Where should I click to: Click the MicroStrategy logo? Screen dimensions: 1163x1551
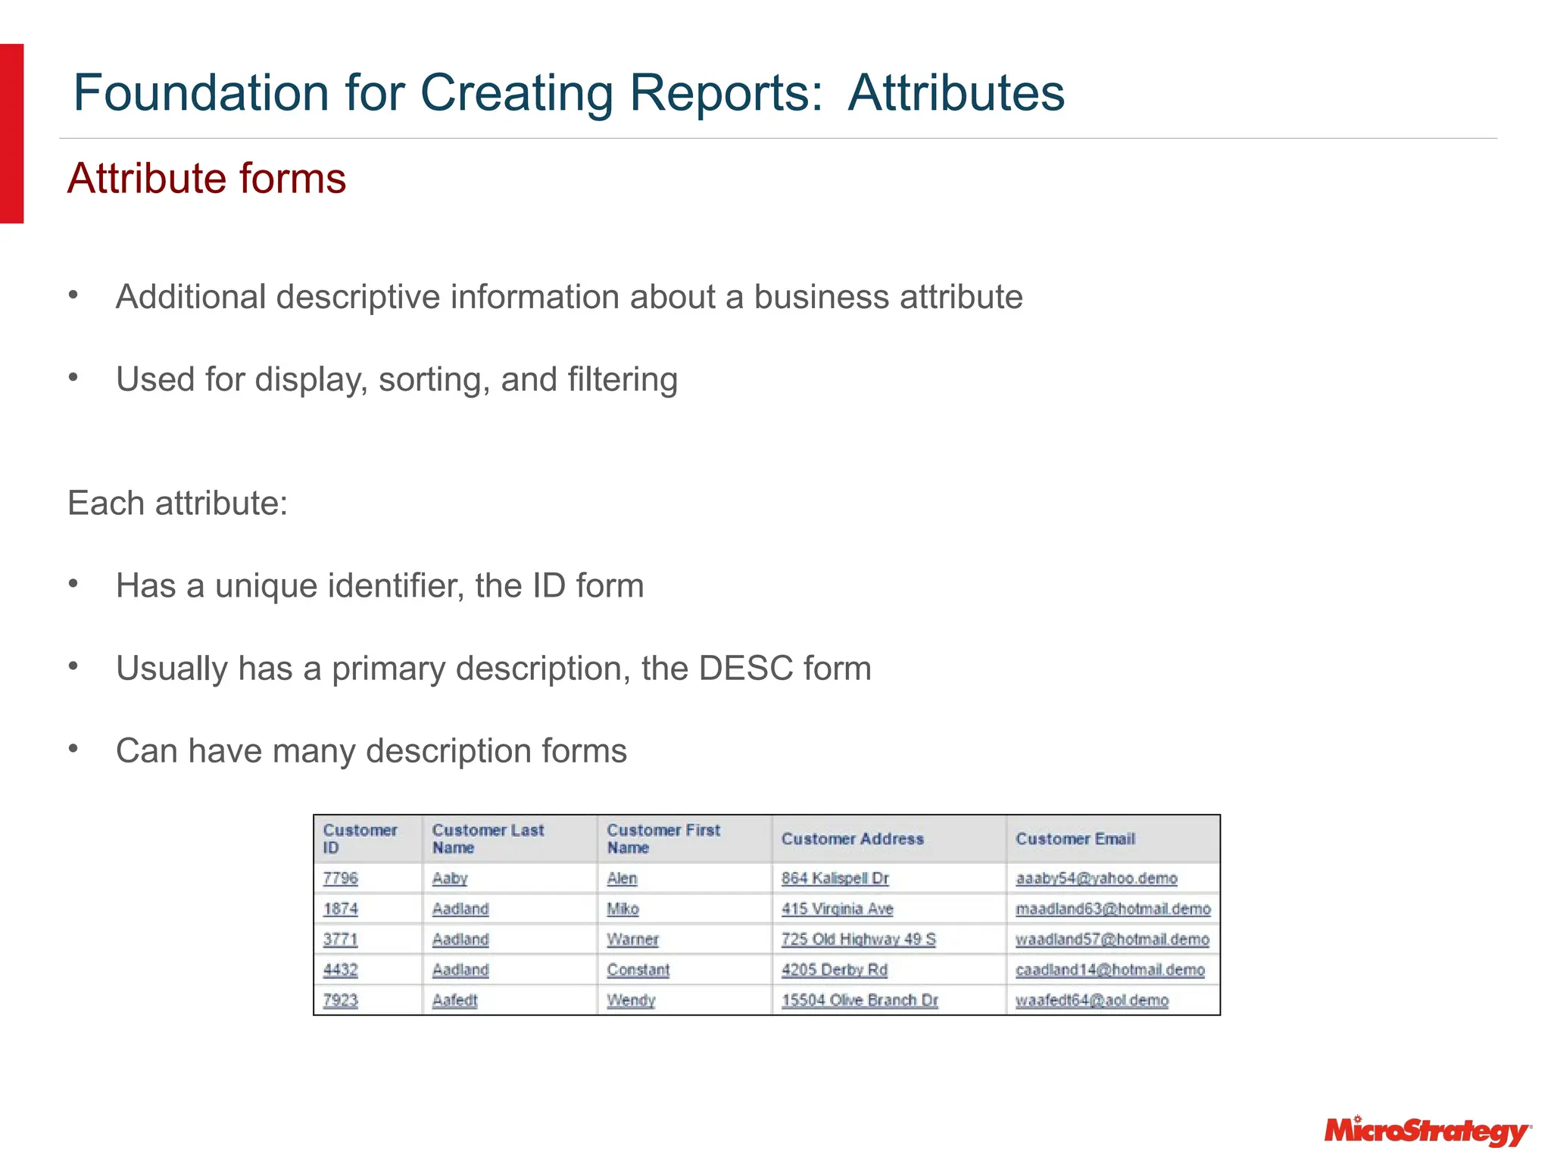[1427, 1131]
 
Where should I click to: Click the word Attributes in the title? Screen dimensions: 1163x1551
[956, 93]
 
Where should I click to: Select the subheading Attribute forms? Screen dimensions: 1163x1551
[207, 179]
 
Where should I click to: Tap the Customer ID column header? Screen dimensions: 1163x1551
[360, 839]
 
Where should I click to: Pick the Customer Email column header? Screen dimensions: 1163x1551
[1075, 839]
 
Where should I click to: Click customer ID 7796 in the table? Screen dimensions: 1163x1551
[340, 878]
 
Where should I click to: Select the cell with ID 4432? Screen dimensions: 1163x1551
[340, 970]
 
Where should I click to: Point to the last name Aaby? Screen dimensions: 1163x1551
[450, 878]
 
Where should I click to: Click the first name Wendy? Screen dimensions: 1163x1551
[631, 1000]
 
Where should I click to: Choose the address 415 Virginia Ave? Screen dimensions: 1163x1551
[837, 909]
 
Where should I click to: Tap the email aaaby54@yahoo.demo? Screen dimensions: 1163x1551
[1096, 878]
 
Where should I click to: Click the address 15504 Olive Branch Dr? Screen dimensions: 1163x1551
[860, 1000]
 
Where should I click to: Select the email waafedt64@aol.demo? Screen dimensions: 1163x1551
[1091, 1000]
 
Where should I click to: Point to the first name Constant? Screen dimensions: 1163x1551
[638, 970]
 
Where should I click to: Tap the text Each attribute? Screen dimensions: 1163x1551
[178, 504]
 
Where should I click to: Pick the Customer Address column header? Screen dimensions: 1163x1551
[853, 839]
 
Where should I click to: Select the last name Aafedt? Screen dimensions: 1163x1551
[454, 1000]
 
